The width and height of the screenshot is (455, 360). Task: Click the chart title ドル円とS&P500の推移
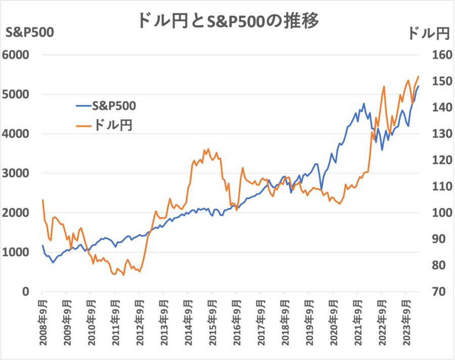[227, 21]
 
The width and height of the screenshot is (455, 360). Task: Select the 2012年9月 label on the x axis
[139, 324]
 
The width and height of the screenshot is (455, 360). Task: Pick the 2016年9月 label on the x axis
[236, 324]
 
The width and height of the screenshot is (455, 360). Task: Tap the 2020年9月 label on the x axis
[333, 324]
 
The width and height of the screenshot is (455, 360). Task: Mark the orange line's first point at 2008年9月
[42, 200]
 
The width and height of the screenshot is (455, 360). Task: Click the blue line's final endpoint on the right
[418, 86]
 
